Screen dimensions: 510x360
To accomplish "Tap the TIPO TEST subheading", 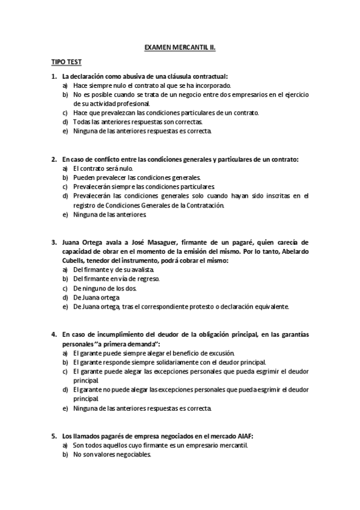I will coord(66,62).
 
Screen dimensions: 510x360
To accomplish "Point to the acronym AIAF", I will coord(262,436).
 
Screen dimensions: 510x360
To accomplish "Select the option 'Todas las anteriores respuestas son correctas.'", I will coord(129,121).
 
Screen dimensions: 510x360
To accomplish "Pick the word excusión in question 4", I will coord(218,353).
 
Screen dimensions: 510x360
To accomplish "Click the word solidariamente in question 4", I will coord(178,363).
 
